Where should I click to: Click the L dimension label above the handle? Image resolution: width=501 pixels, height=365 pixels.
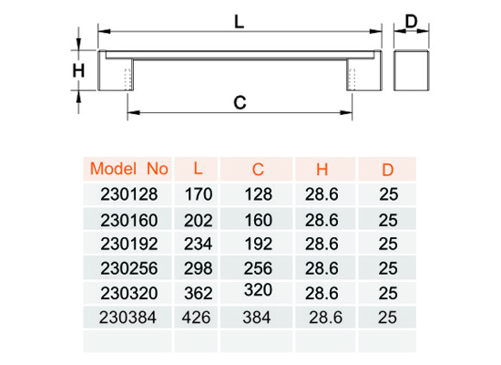(239, 22)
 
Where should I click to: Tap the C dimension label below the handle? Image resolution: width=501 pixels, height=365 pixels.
(240, 102)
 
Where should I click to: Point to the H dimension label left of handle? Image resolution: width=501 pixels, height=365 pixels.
(78, 70)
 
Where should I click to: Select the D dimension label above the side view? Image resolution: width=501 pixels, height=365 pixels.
(411, 22)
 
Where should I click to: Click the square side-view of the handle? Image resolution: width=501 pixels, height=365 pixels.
(411, 70)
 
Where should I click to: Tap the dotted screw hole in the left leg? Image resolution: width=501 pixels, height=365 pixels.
(128, 79)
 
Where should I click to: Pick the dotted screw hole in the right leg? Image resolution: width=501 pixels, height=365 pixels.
(353, 79)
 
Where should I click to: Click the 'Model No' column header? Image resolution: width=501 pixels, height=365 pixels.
(129, 169)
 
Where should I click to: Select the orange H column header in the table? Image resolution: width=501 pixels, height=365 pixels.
(322, 170)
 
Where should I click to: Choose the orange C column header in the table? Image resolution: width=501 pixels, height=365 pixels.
(258, 170)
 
